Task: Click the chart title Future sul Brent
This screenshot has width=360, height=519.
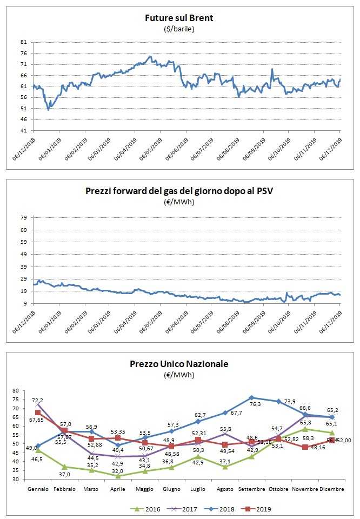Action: point(179,18)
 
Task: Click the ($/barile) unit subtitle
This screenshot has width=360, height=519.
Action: point(179,29)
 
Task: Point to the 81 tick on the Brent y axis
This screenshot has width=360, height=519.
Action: point(23,42)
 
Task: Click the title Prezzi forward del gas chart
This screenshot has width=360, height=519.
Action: point(179,190)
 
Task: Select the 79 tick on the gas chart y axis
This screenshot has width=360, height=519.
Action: point(23,217)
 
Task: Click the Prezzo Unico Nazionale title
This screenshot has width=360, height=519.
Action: point(179,364)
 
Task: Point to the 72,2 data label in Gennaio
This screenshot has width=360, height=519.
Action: point(38,400)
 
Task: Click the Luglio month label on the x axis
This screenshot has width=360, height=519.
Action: point(198,489)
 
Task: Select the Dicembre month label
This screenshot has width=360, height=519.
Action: point(332,489)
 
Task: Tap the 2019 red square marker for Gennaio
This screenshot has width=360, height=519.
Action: point(38,412)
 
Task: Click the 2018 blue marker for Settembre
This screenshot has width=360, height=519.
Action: point(252,397)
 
